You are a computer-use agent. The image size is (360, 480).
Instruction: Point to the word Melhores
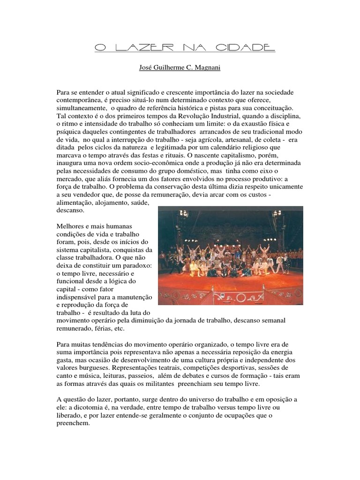(71, 226)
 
